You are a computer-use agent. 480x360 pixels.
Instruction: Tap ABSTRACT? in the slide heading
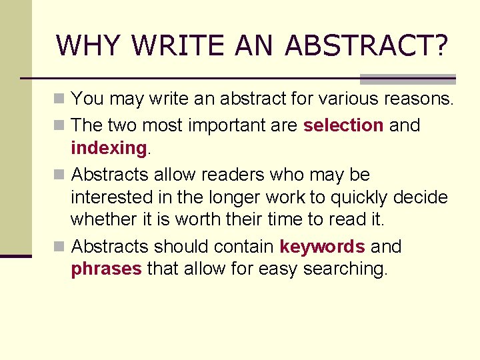pos(366,45)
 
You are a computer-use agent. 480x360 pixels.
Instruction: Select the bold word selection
pos(343,125)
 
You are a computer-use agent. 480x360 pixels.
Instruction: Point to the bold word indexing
pos(108,147)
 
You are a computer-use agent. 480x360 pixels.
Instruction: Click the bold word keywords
pos(322,247)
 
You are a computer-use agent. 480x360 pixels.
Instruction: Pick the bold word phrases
pos(106,269)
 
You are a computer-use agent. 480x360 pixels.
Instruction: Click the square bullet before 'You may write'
pos(60,100)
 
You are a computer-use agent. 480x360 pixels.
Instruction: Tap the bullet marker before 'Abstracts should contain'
pos(60,247)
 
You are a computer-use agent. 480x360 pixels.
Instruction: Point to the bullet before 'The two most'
pos(60,125)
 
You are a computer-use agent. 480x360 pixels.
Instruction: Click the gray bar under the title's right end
pos(407,79)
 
